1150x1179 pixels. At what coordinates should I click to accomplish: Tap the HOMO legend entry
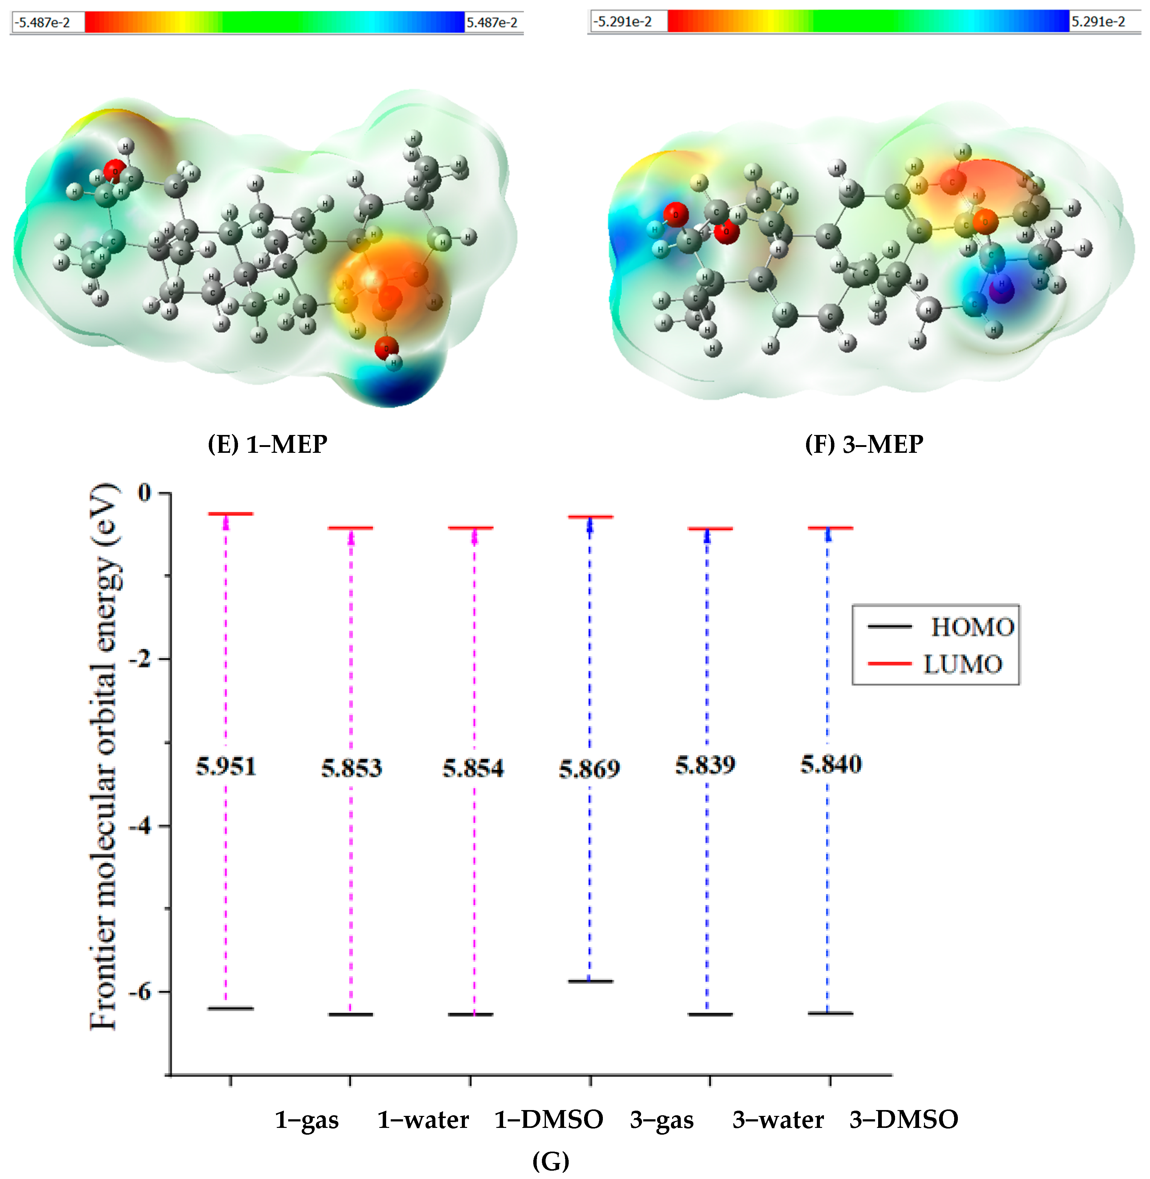[971, 627]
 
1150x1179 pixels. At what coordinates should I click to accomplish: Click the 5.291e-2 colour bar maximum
[1098, 22]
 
